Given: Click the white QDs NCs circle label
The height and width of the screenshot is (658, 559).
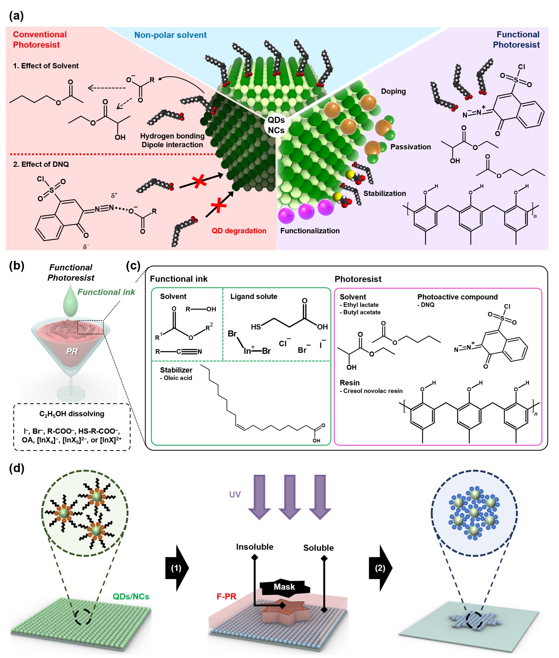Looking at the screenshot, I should [276, 125].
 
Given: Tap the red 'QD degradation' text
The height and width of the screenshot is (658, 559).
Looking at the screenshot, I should [239, 230].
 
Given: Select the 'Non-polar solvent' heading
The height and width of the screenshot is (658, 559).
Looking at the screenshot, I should [170, 35].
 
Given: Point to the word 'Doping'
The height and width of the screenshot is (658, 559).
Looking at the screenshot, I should [393, 91].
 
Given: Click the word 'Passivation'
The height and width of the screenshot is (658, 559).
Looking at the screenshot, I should [410, 147].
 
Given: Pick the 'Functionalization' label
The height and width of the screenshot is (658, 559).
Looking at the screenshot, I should [310, 230].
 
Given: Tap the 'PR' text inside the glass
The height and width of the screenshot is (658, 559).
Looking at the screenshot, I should [72, 351].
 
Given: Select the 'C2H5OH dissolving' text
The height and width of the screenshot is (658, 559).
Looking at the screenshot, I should [72, 413].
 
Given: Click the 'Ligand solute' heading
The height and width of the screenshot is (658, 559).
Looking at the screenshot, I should [254, 296].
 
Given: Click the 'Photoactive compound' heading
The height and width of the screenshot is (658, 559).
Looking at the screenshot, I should [457, 297].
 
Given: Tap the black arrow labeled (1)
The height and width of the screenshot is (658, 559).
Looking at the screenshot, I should [177, 568].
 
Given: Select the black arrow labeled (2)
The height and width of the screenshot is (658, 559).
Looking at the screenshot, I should [380, 568].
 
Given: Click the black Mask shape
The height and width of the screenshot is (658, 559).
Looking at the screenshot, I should [284, 587].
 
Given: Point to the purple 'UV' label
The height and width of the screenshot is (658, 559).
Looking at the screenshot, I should [235, 494].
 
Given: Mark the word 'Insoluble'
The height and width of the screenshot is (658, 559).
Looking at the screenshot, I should [254, 547].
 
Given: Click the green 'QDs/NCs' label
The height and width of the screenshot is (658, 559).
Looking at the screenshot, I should [131, 597].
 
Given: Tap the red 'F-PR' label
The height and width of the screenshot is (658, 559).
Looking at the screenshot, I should [226, 597].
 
